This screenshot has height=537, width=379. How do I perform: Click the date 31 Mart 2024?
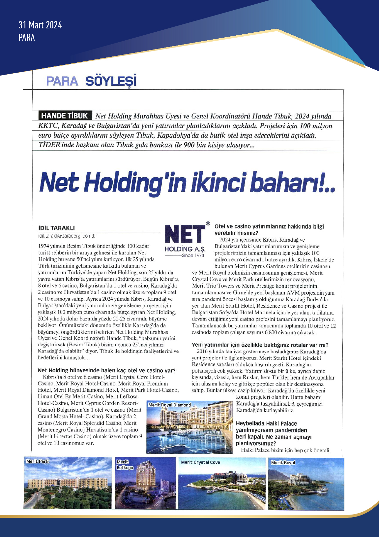point(40,25)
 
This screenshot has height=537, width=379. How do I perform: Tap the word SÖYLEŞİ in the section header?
point(111,81)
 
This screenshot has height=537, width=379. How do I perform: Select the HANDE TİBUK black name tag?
point(65,116)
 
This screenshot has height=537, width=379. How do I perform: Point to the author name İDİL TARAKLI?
point(57,228)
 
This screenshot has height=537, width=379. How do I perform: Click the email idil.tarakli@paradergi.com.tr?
point(67,236)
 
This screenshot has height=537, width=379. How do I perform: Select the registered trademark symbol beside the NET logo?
point(208,224)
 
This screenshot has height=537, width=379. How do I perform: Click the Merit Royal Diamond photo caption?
point(170,405)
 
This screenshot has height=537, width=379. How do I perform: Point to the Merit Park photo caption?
point(37,461)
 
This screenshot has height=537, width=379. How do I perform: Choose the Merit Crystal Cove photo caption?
point(200,462)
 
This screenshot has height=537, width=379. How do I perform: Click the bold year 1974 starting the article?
point(44,246)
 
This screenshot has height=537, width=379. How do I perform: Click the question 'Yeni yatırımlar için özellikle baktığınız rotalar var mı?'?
point(260,345)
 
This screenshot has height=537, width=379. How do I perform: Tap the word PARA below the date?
point(27,38)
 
